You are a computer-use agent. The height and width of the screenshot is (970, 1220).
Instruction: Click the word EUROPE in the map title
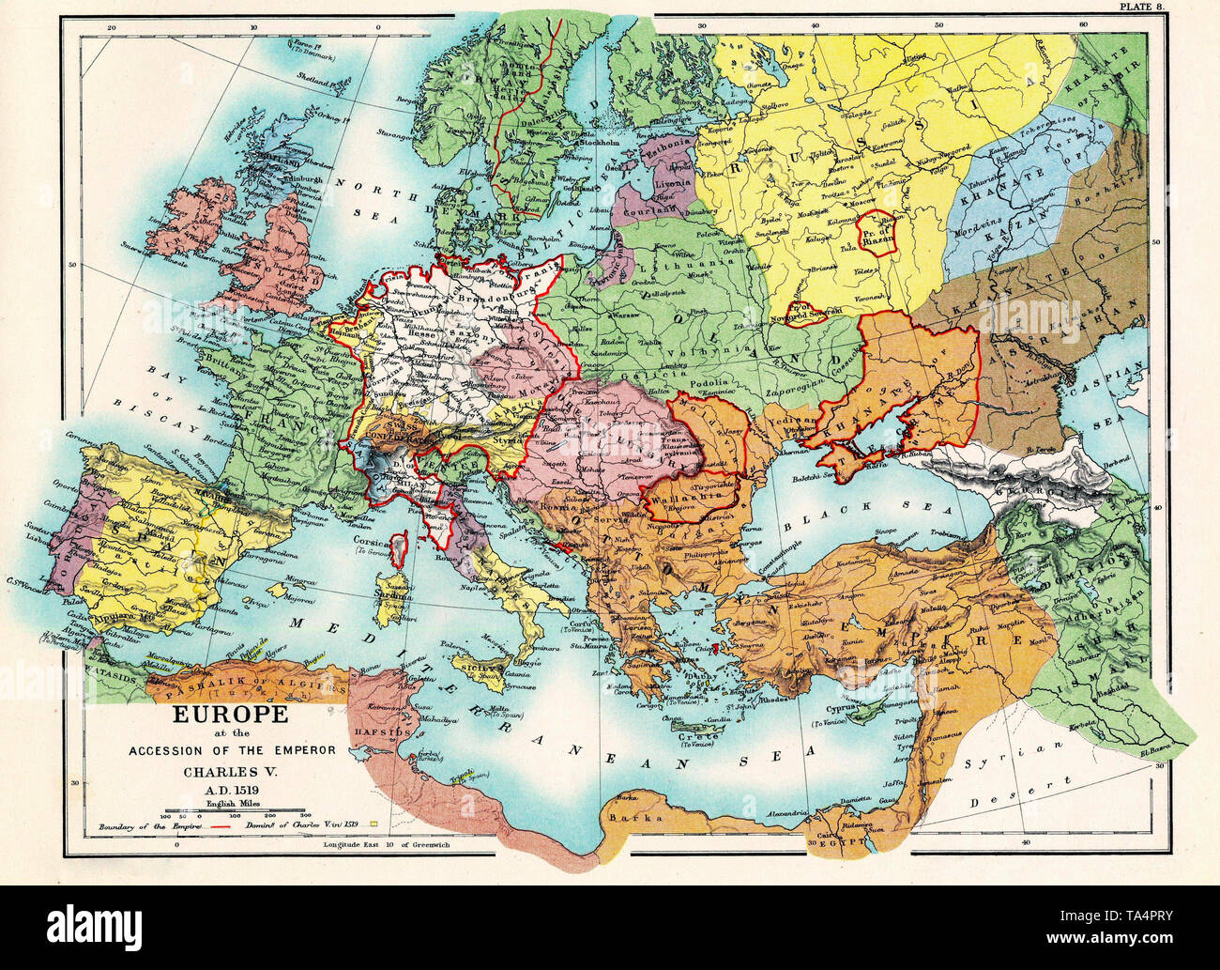click(229, 714)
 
